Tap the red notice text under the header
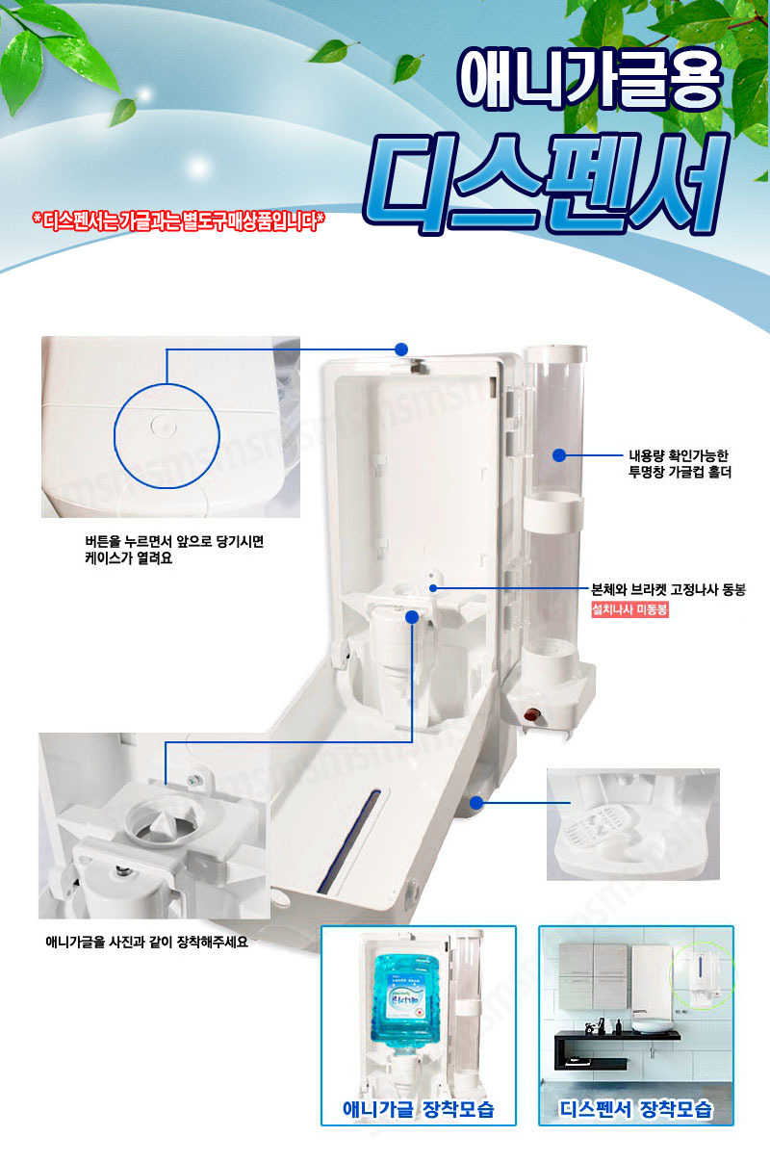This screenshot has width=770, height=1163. [x=178, y=220]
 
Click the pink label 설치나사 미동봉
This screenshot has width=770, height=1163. [x=629, y=609]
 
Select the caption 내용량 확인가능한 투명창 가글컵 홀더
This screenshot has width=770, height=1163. [x=680, y=463]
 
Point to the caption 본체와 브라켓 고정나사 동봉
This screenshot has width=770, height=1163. [x=669, y=589]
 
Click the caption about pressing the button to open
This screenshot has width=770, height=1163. [x=174, y=550]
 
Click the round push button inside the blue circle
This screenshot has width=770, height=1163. [x=164, y=426]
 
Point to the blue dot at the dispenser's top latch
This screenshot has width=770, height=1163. [x=400, y=349]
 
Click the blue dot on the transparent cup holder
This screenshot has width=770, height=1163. [x=558, y=455]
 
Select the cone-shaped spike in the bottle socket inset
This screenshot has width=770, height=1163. [x=158, y=821]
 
